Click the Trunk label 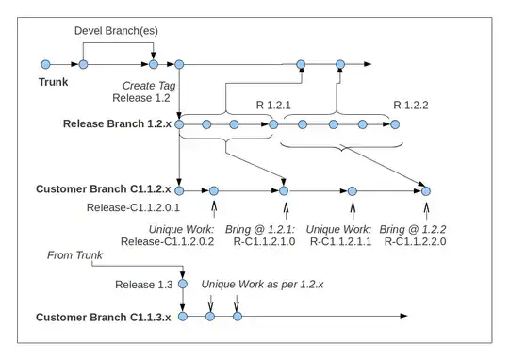click(x=54, y=82)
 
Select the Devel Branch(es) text click(x=116, y=31)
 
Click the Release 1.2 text click(x=141, y=98)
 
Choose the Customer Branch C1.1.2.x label click(x=103, y=189)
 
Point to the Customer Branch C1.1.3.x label click(x=103, y=317)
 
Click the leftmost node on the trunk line click(x=46, y=65)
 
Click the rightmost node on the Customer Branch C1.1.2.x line click(x=425, y=190)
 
